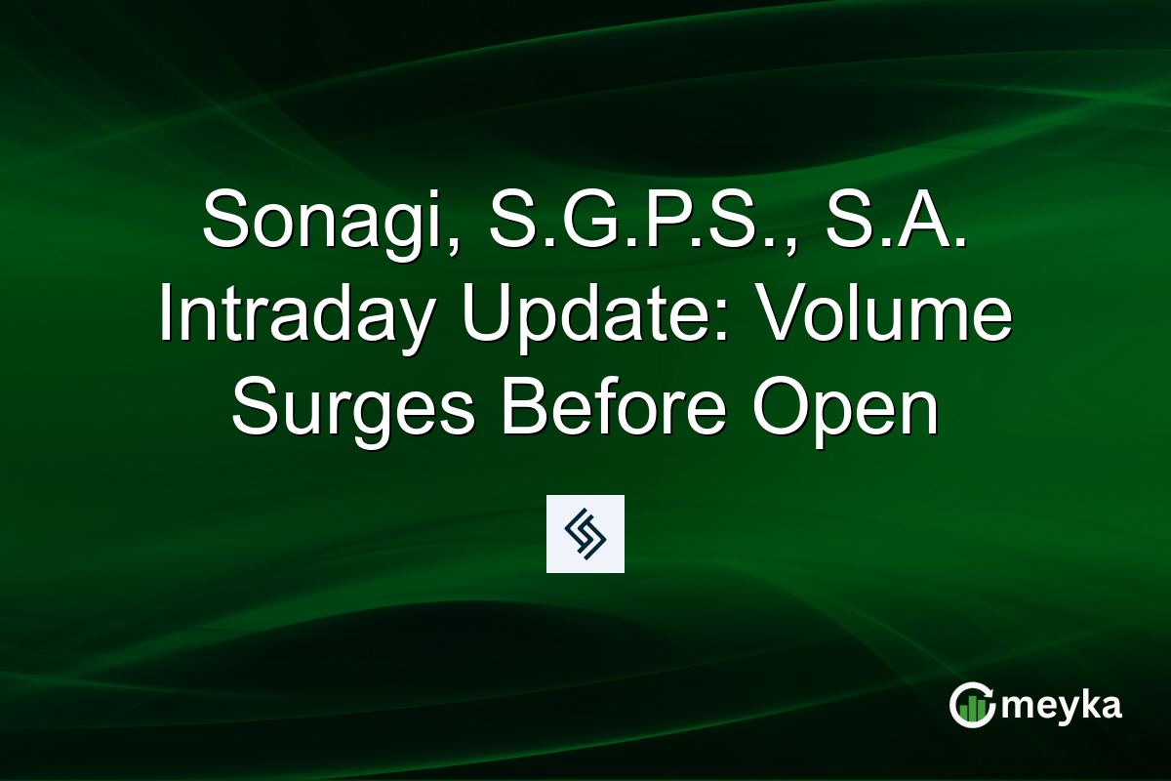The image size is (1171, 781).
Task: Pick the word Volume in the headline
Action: click(873, 315)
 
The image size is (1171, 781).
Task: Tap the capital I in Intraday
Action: click(167, 313)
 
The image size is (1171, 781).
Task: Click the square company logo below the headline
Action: click(585, 533)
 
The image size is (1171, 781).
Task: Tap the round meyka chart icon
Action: click(972, 705)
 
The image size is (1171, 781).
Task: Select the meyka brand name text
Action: click(1061, 706)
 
